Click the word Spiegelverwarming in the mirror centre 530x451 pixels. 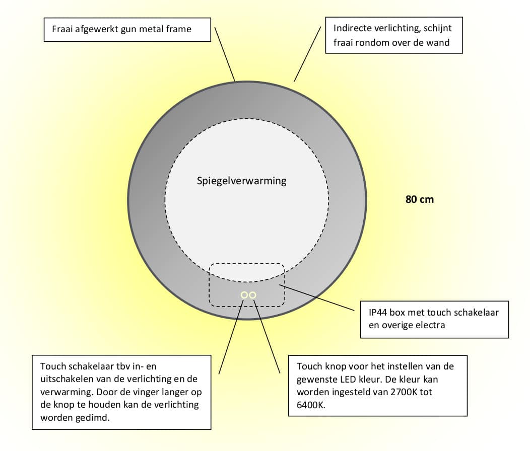coord(241,181)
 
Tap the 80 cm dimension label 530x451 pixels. coord(419,199)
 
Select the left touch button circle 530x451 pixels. coord(244,294)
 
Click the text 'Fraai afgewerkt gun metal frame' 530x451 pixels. coord(121,29)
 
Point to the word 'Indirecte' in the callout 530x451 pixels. coord(352,29)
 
